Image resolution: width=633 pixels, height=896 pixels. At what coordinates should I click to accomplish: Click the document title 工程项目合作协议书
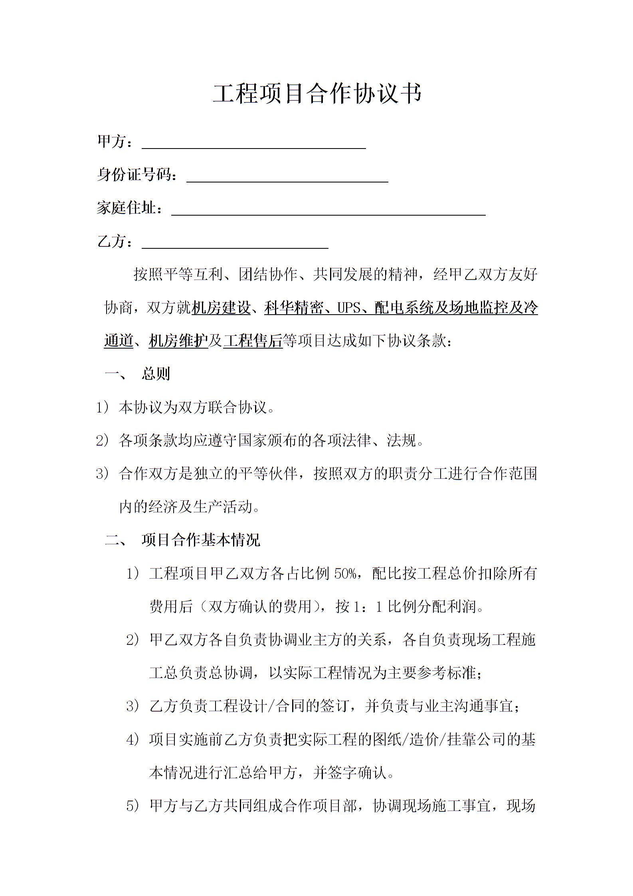click(x=317, y=94)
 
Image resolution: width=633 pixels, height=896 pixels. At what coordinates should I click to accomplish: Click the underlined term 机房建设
click(x=221, y=308)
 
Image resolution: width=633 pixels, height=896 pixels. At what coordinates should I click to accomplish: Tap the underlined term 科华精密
click(x=293, y=308)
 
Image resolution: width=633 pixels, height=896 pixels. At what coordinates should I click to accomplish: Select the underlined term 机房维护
click(x=178, y=341)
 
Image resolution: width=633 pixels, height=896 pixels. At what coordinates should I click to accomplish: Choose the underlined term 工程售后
click(x=253, y=341)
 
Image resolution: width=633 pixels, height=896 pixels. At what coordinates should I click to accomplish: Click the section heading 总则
click(x=156, y=374)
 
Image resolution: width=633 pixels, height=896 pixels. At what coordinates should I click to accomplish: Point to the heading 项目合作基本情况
click(x=201, y=540)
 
